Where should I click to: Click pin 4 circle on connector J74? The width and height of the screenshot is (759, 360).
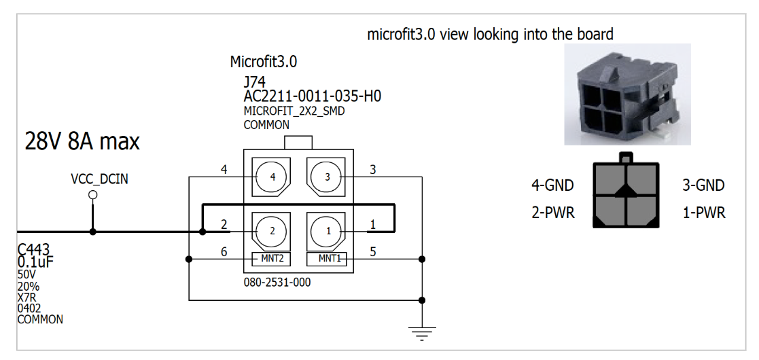click(x=272, y=177)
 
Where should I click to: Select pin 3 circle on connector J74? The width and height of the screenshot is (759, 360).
click(x=328, y=177)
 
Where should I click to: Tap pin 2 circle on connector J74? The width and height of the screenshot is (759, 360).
click(x=272, y=231)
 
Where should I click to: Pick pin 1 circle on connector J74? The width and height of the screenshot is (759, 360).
click(x=328, y=231)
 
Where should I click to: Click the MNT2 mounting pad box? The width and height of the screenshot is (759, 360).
click(x=272, y=259)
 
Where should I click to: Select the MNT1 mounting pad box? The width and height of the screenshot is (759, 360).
click(x=328, y=259)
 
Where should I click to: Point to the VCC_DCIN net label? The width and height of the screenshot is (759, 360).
click(x=99, y=179)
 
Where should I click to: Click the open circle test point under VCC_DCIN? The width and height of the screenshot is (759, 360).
click(x=93, y=195)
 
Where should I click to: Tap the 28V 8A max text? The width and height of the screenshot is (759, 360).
click(x=82, y=141)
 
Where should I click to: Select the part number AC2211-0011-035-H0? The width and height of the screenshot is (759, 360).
click(x=312, y=96)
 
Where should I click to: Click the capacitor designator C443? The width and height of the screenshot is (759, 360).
click(x=34, y=250)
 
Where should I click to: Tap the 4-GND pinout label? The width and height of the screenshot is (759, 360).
click(x=552, y=185)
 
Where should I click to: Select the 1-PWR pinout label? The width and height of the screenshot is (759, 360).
click(x=703, y=213)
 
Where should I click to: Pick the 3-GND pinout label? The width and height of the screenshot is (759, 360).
click(x=703, y=185)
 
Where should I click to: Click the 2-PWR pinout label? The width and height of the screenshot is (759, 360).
click(x=552, y=213)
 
